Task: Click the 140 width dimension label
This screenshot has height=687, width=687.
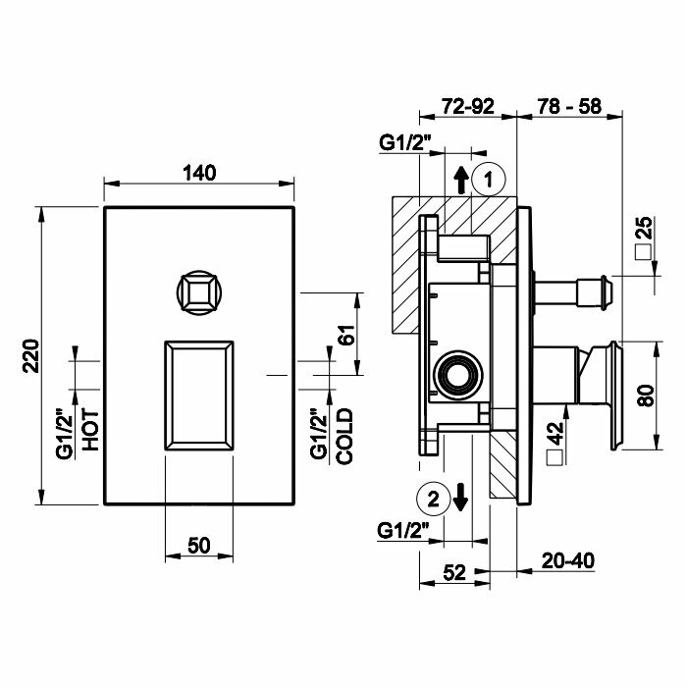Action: (199, 173)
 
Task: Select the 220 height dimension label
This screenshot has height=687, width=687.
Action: (31, 355)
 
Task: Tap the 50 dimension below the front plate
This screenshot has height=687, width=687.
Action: (199, 546)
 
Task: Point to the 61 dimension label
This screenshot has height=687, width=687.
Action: (346, 335)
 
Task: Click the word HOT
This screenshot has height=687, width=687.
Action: (91, 431)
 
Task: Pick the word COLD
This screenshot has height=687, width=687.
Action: (344, 437)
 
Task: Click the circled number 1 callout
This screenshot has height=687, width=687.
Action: (489, 179)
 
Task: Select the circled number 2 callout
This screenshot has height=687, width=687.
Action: (434, 499)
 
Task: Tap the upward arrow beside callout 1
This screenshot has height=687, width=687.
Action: (460, 181)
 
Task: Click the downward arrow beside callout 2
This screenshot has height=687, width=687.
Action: (460, 498)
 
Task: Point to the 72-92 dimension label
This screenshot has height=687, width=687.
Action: (467, 106)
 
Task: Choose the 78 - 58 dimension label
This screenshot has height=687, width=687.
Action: (569, 106)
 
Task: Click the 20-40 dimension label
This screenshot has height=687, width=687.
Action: (568, 560)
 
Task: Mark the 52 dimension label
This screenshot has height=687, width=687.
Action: (454, 572)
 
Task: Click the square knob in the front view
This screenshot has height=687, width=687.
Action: (200, 291)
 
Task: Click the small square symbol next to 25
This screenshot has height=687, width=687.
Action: (643, 253)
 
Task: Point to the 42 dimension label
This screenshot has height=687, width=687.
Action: (556, 433)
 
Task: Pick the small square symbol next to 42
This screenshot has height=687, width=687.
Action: (555, 458)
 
